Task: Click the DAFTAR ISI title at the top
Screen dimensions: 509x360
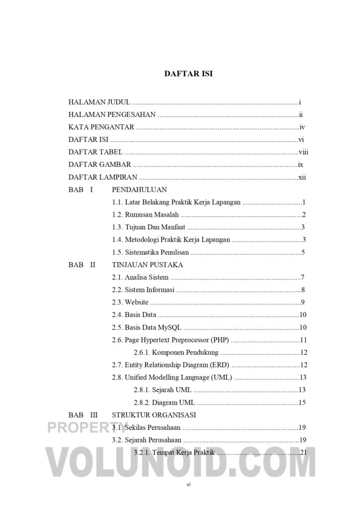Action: point(188,74)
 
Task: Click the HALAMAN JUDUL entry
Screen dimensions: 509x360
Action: point(99,102)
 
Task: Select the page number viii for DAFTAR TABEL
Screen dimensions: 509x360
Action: point(303,152)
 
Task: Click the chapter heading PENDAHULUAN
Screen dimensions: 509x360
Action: point(139,190)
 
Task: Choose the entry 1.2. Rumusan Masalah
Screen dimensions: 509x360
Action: point(145,215)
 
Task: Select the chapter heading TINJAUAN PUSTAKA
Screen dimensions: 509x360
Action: point(147,265)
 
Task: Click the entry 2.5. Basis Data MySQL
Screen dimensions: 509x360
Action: point(147,328)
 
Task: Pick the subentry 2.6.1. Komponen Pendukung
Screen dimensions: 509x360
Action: point(176,353)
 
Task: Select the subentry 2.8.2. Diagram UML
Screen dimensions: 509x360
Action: point(164,403)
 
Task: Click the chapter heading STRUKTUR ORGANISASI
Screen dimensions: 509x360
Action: point(154,415)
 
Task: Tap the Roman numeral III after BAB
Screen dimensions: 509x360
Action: point(94,415)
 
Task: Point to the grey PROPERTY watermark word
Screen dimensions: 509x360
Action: point(88,427)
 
